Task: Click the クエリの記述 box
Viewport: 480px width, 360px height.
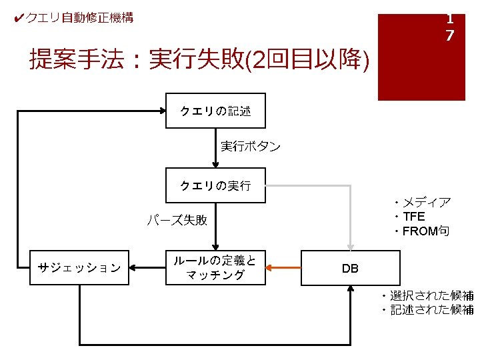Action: coord(215,111)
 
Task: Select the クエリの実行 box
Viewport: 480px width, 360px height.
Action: coord(215,185)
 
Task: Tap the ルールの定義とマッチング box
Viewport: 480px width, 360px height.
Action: coord(215,267)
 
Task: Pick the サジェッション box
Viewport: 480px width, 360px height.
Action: coord(79,267)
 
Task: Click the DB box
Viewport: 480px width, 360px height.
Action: coord(350,268)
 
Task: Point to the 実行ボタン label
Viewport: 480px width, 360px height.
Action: coord(250,146)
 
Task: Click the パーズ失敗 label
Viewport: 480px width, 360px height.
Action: coord(177,220)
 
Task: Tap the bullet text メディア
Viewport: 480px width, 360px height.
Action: coord(427,203)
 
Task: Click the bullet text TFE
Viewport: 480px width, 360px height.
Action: coord(414,217)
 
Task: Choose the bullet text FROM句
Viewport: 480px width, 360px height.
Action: coord(426,231)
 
